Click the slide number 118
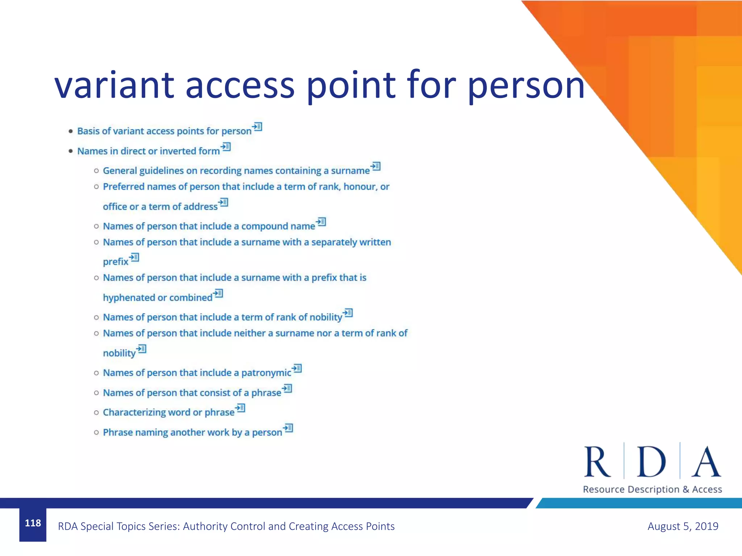(33, 523)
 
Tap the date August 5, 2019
(683, 526)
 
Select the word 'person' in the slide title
(526, 86)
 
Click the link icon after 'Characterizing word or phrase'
(240, 408)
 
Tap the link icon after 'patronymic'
(297, 368)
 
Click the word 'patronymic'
(266, 373)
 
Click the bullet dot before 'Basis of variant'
(71, 131)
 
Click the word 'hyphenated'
(129, 298)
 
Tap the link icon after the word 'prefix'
(134, 257)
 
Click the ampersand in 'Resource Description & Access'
(686, 489)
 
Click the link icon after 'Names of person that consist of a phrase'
(287, 388)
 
